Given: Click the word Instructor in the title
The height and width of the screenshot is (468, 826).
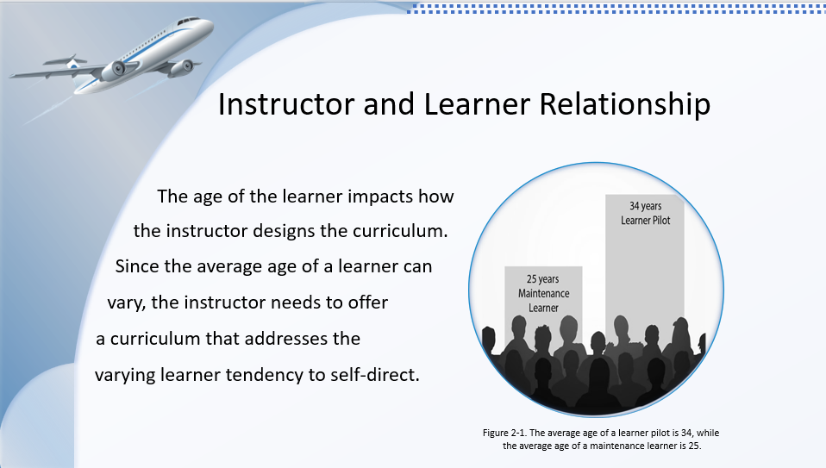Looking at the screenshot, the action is coord(286,103).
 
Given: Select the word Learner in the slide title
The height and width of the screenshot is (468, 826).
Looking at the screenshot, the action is coord(477,103).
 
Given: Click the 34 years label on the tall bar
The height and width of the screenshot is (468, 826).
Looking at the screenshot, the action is coord(645,206).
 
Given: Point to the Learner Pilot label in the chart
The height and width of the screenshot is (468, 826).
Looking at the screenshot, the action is coord(645,221).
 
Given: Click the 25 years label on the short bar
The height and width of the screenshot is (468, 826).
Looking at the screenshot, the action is coord(542,279).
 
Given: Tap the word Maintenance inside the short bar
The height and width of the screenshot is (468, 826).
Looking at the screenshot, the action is coord(544,293).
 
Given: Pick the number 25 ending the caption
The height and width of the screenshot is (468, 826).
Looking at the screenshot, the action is coord(694,446).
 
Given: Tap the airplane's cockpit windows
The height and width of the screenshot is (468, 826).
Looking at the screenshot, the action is coord(188,22).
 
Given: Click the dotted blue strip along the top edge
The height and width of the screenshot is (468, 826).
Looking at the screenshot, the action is coord(616,9).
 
